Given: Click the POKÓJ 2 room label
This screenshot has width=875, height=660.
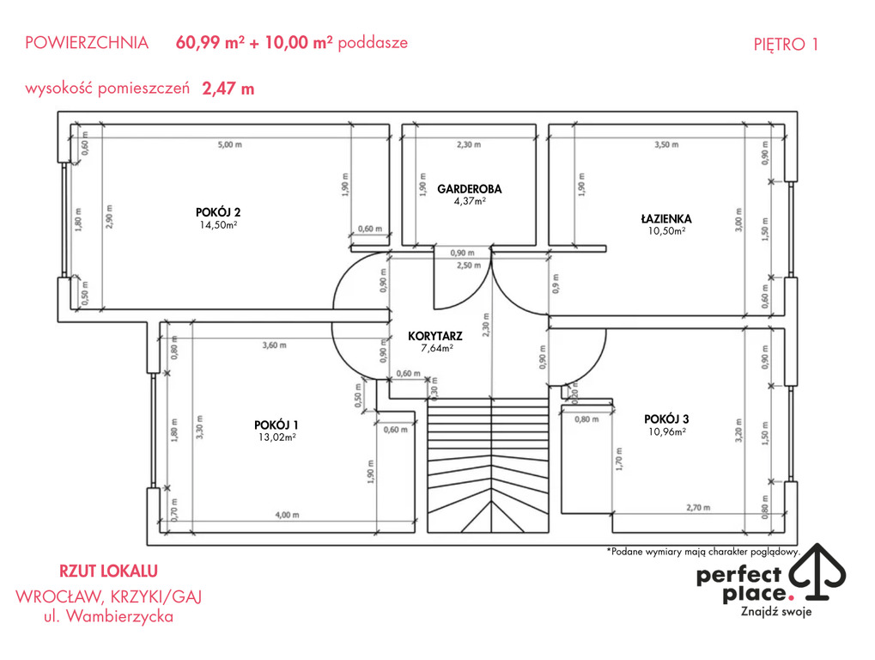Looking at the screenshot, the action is point(218,212).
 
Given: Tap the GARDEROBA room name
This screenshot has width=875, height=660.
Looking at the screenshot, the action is point(470,189).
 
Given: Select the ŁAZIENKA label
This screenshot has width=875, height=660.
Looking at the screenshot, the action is point(666,218).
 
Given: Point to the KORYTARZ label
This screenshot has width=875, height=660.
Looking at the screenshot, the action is point(435,336).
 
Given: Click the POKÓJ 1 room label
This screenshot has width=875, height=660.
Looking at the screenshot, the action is point(276,425).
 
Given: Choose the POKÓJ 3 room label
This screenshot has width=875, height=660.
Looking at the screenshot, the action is point(666,419).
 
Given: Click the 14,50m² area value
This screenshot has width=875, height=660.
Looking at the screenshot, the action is point(218,225).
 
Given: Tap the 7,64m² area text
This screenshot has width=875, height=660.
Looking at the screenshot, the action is point(436,348).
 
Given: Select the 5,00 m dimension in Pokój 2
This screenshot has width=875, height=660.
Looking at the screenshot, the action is point(230,144).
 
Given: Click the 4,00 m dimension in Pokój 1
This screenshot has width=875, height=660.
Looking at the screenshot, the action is point(287,515).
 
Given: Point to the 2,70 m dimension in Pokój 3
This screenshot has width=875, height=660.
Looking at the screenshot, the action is point(698,508).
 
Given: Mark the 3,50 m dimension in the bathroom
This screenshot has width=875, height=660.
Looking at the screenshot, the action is point(666,144).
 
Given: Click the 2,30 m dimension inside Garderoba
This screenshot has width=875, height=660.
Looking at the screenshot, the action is point(469,144).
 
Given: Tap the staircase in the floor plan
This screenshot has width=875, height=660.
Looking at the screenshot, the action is point(489,466).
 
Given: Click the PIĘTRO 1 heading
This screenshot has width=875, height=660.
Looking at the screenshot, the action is point(786,44).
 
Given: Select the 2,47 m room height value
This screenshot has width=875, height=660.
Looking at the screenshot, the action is point(228,89).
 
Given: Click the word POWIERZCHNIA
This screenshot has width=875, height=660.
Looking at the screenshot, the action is point(87,43).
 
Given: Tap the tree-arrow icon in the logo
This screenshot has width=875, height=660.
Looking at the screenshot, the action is point(819,571).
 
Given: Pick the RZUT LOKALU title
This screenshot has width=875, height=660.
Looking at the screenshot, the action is point(108,571).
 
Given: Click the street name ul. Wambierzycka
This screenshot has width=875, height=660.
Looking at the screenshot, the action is point(108,616).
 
